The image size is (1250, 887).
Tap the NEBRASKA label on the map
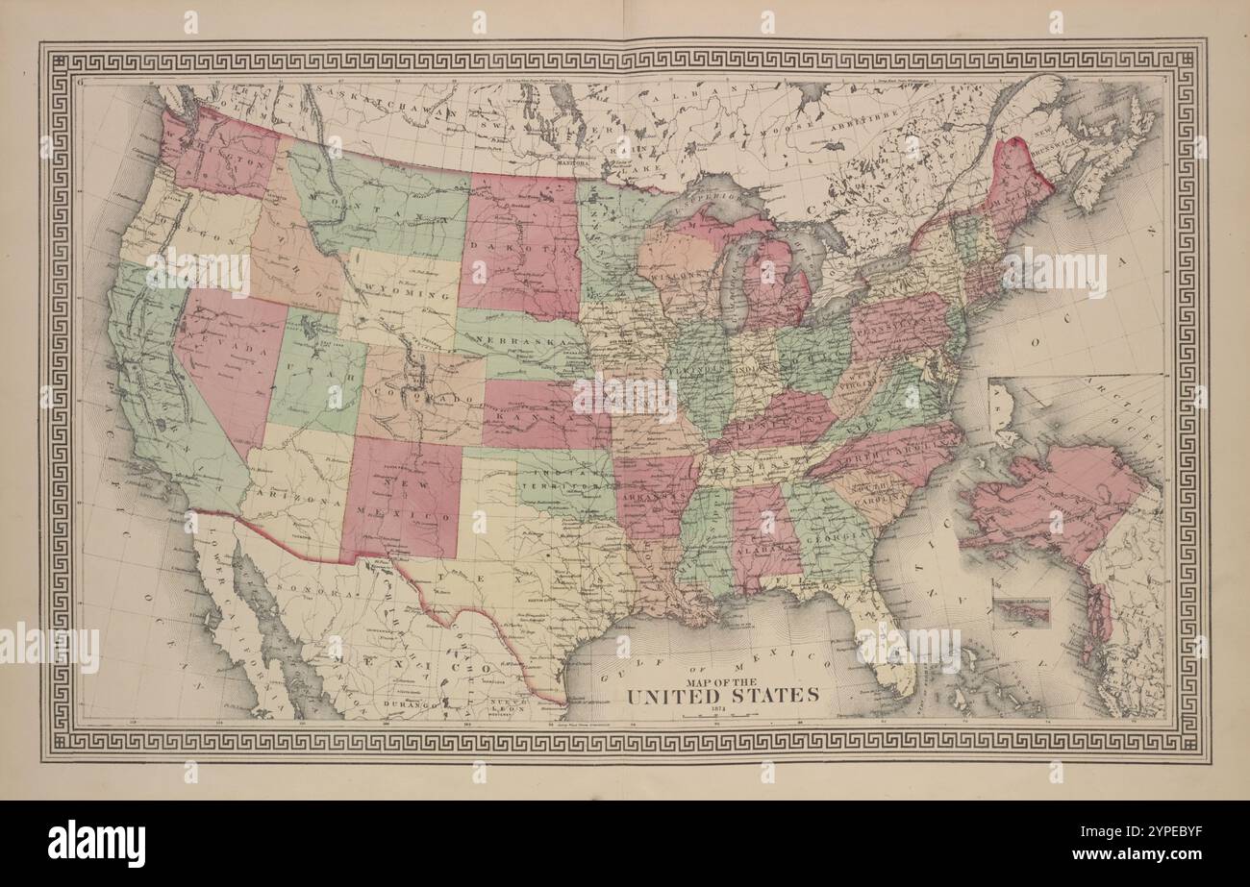click(523, 345)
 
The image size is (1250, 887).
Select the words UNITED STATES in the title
click(723, 695)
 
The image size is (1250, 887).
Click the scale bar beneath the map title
click(723, 717)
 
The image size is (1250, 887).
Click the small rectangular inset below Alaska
click(1021, 612)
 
